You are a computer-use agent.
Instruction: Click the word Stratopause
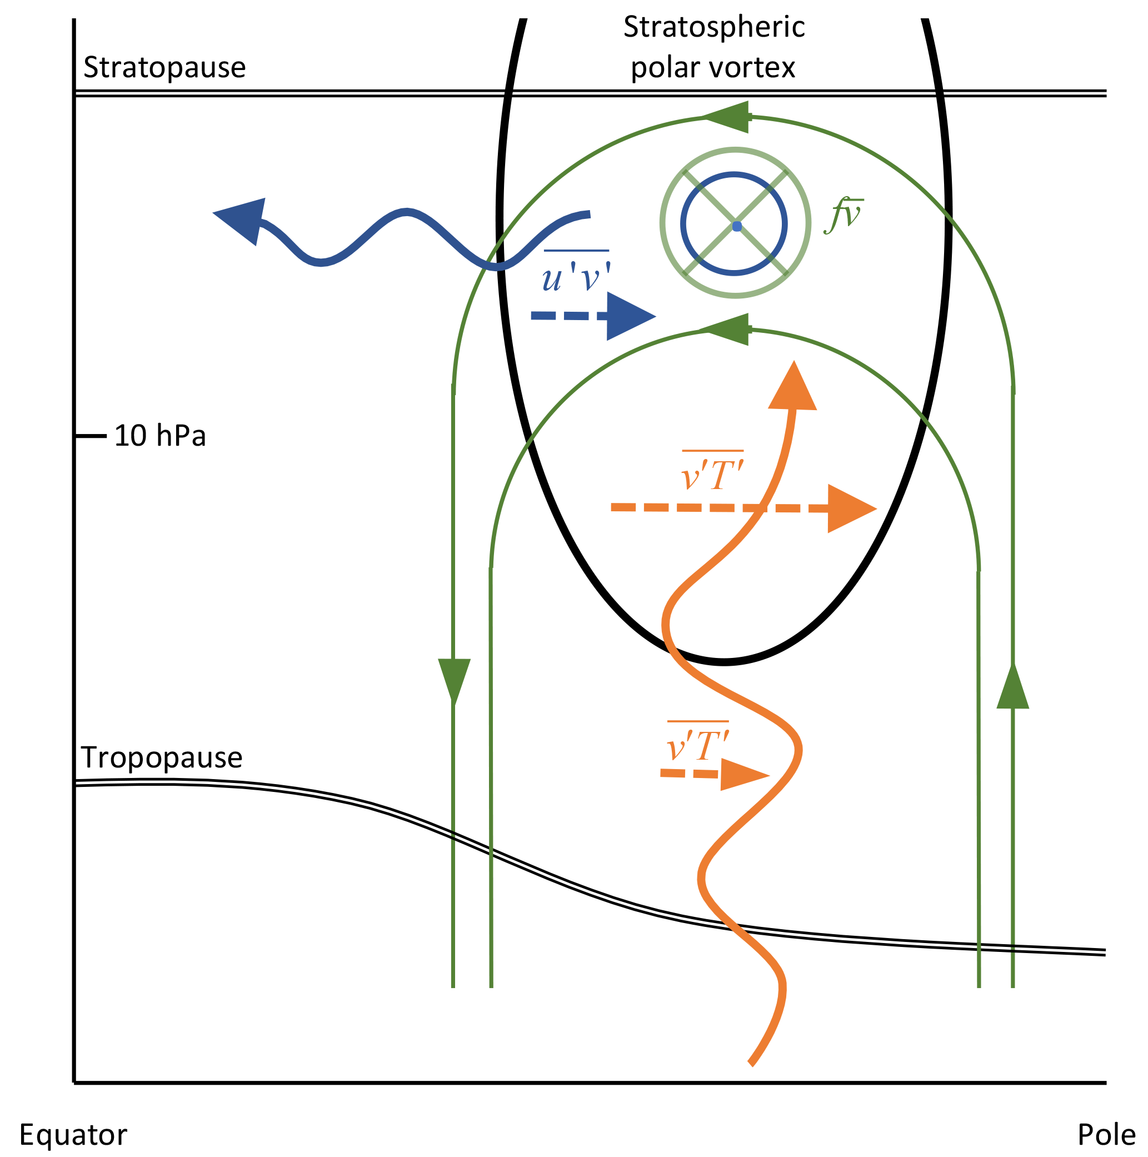[164, 68]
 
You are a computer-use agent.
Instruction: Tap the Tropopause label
[162, 757]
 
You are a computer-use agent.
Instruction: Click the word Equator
[73, 1135]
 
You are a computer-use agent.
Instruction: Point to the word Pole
[1106, 1135]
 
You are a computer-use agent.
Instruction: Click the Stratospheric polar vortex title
[713, 47]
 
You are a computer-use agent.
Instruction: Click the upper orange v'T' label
[712, 474]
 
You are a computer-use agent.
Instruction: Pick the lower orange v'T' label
[698, 745]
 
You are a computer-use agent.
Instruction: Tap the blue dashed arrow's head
[629, 316]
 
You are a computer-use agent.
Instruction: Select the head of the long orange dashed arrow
[849, 508]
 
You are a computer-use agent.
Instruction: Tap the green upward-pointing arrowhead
[1012, 689]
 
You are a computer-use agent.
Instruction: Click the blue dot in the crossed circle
[737, 226]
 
